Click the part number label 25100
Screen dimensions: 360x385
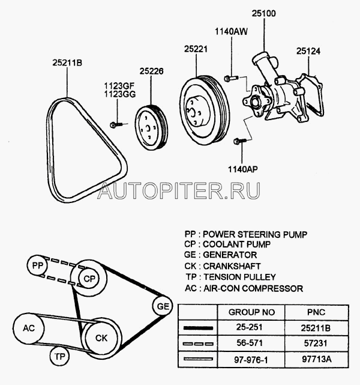tap(263, 13)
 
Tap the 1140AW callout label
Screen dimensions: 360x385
tap(231, 31)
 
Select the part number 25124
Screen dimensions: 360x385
tap(308, 51)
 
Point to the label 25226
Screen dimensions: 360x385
tap(151, 71)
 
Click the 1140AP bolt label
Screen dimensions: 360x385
tap(243, 169)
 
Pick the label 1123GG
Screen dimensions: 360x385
tap(119, 94)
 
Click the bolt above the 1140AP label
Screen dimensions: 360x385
tap(240, 141)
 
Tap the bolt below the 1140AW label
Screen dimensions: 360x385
tap(231, 78)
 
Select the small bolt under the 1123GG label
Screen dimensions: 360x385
tap(116, 125)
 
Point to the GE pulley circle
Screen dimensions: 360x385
tap(163, 306)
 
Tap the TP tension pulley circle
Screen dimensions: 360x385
tap(59, 356)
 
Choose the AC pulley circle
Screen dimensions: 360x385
tap(29, 329)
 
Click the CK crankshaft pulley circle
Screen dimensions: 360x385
tap(101, 338)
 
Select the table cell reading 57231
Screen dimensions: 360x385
tap(316, 343)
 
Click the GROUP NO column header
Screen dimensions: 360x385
tap(251, 312)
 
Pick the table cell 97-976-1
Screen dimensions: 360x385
tap(251, 359)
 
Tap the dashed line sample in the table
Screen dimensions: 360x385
tap(198, 344)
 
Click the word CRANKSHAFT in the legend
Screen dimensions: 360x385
tap(232, 266)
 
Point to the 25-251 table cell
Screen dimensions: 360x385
tap(250, 327)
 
